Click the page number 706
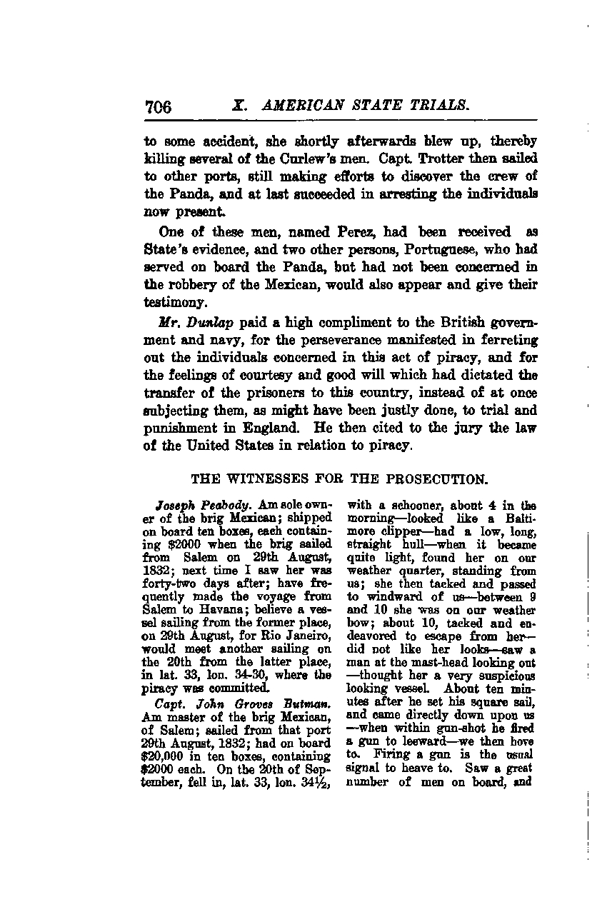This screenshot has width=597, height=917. point(158,107)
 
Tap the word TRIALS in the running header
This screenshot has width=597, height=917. point(438,106)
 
